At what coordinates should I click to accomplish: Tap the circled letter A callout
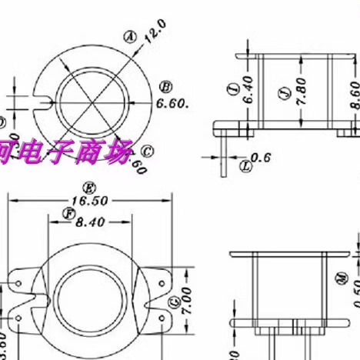pos(130,35)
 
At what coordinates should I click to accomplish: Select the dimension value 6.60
pos(174,103)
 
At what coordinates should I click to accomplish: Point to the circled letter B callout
pos(165,85)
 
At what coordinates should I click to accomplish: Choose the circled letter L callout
pos(245,165)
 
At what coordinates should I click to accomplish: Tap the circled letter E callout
pos(89,187)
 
